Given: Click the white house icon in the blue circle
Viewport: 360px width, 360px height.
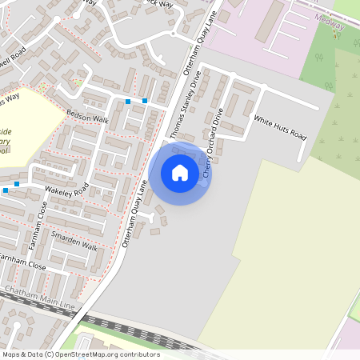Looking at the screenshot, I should coord(180,172).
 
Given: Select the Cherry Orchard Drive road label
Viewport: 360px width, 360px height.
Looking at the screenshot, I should coord(213,143).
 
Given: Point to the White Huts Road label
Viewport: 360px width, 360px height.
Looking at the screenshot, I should coord(280,128).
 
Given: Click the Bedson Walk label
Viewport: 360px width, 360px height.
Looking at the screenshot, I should coord(87,117).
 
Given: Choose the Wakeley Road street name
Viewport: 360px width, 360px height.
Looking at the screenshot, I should coord(66,192).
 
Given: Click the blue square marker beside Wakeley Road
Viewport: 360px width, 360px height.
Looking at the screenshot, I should coord(6,191).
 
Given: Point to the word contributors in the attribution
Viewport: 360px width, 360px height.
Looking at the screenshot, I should coord(138,354).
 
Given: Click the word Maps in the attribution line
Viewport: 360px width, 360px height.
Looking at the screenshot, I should coord(11,354).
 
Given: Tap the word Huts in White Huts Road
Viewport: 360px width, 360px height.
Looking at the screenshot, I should coord(281,128).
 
